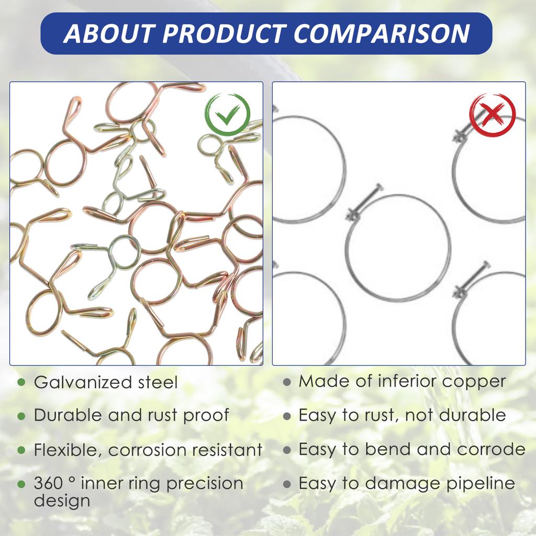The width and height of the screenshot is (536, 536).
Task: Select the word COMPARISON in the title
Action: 382,33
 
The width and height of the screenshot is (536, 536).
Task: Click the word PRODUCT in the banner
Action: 224,33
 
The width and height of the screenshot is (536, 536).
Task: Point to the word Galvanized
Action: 83,383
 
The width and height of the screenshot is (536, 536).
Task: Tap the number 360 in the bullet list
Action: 48,483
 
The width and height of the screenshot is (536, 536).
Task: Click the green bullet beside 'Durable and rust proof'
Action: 21,416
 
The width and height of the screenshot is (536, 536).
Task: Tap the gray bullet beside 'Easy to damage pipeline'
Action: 287,484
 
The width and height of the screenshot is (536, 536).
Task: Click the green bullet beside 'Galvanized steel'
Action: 21,382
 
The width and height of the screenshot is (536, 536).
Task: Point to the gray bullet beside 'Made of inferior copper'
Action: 287,382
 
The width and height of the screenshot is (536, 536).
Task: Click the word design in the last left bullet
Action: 62,500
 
